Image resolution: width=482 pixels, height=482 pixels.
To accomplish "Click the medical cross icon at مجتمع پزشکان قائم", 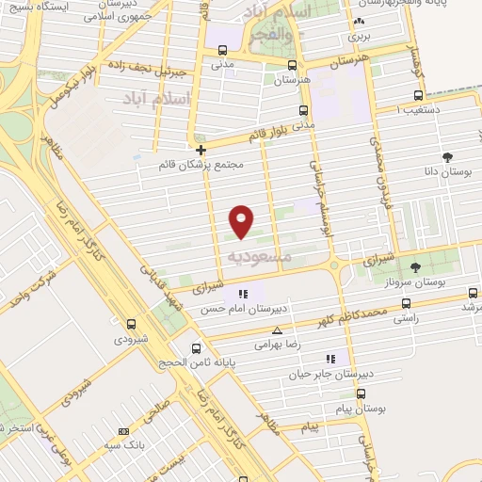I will point(201,149).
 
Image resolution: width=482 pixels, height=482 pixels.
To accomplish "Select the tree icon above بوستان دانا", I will point(446,158).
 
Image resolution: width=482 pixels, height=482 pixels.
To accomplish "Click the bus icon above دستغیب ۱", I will point(419,95).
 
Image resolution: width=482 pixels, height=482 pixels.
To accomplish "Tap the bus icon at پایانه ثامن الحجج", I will point(194,346).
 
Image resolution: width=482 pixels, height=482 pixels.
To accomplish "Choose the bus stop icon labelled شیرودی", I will point(131,324).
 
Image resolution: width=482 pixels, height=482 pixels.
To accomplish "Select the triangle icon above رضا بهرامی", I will point(277,330).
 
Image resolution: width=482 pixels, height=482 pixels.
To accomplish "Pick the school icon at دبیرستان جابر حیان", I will point(329,358).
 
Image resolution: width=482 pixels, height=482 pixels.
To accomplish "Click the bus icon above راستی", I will point(406,303).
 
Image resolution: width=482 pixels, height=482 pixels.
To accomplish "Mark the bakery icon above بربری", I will point(358,23).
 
